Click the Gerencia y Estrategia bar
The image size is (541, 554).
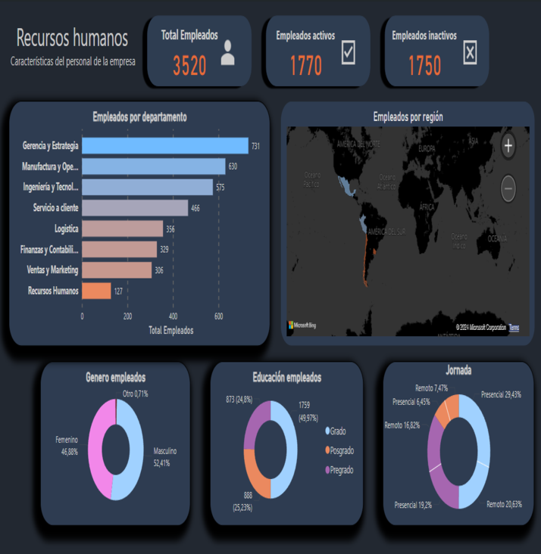pyautogui.click(x=164, y=145)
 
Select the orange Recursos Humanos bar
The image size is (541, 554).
pyautogui.click(x=96, y=291)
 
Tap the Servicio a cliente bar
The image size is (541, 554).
pyautogui.click(x=134, y=207)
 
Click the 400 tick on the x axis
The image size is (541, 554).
pyautogui.click(x=174, y=316)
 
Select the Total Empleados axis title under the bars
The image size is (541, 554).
pyautogui.click(x=170, y=330)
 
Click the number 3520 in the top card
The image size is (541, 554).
pyautogui.click(x=189, y=67)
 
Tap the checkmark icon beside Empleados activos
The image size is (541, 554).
pyautogui.click(x=349, y=52)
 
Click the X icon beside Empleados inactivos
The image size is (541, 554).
pyautogui.click(x=470, y=52)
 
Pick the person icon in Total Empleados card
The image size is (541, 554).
pyautogui.click(x=228, y=53)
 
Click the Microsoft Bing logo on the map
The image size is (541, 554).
pyautogui.click(x=302, y=325)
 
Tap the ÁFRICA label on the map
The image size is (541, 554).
pyautogui.click(x=427, y=206)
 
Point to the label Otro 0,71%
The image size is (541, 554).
pyautogui.click(x=135, y=394)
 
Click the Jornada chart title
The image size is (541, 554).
pyautogui.click(x=458, y=371)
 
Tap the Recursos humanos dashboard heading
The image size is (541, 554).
pyautogui.click(x=72, y=39)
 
